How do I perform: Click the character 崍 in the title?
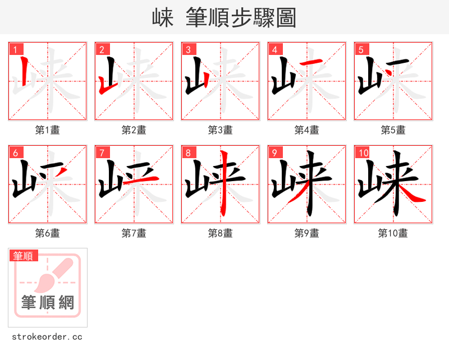coord(163,18)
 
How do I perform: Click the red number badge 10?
coord(363,153)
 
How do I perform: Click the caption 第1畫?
coord(48,130)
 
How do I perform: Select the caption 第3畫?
coord(221,130)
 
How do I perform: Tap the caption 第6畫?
coord(48,233)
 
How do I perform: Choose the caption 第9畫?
coord(307,233)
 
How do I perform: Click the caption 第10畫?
coord(393,233)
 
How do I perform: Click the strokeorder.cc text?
coord(47,337)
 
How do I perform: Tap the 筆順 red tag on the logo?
coord(24,256)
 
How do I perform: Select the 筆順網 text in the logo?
coord(48,303)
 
